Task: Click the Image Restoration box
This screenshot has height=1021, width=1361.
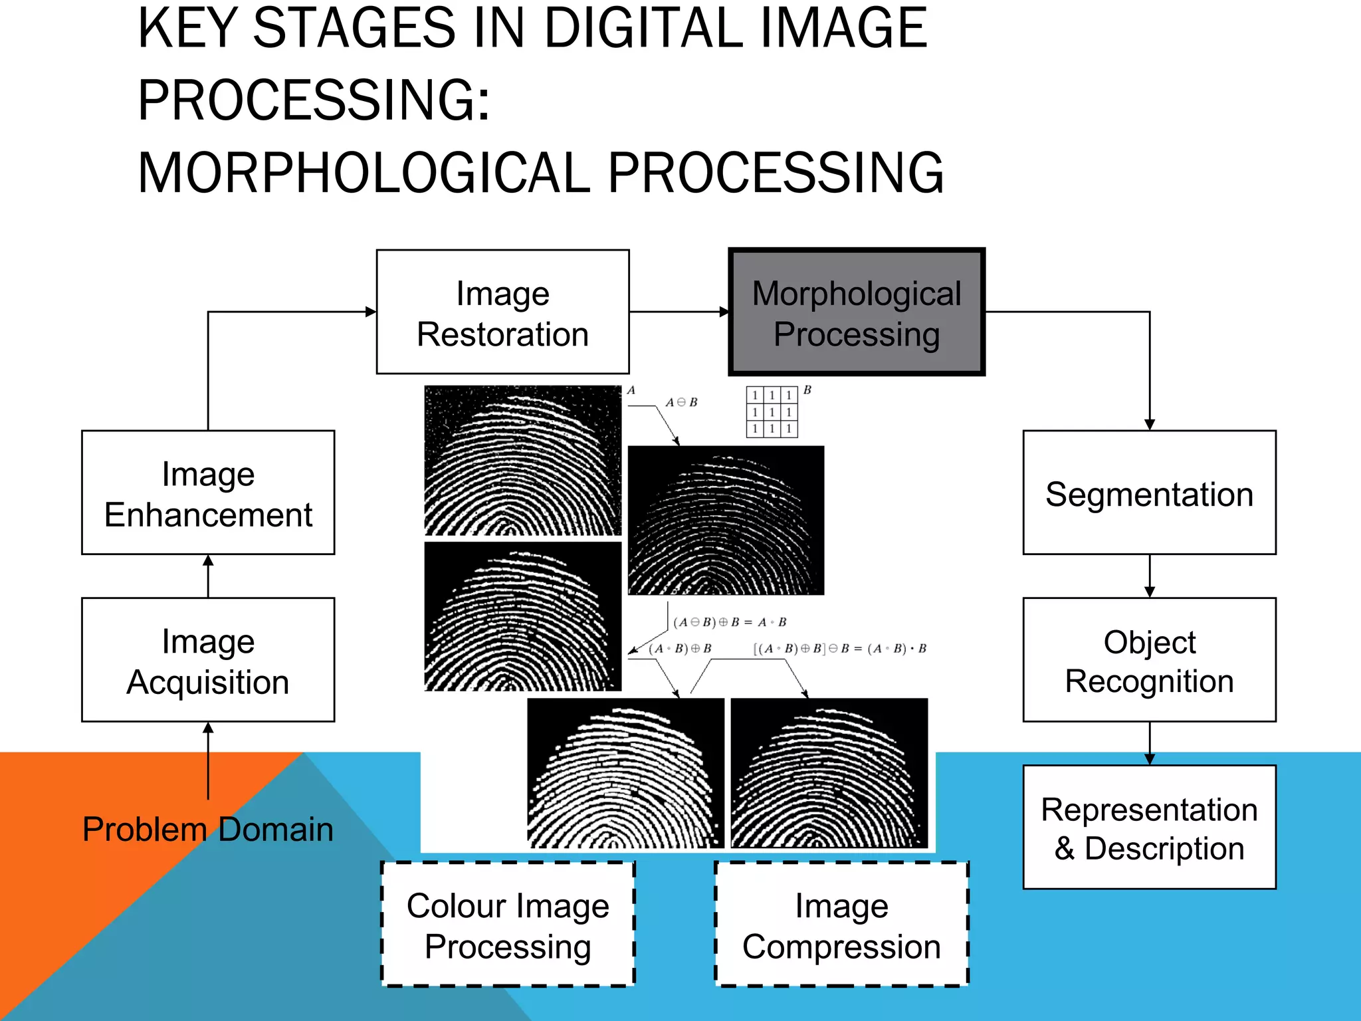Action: pos(502,312)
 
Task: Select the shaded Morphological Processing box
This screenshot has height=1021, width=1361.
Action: pos(857,312)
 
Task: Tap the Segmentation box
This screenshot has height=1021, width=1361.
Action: pos(1149,493)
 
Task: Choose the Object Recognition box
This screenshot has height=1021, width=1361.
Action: pos(1149,660)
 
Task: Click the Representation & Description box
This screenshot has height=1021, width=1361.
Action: pos(1149,828)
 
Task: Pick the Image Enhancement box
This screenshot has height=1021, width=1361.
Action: pos(208,493)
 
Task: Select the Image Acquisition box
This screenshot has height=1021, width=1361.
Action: pos(208,660)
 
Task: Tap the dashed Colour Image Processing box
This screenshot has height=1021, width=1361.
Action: pos(508,925)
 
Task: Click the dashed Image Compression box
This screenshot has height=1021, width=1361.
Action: pos(841,925)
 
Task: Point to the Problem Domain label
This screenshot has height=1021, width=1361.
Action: pos(208,829)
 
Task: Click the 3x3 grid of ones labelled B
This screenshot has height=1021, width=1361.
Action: pos(772,412)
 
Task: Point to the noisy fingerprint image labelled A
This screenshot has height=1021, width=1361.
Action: pos(523,461)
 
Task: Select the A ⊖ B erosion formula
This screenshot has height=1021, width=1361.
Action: pos(682,402)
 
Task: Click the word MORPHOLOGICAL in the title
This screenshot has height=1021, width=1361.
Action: pos(364,173)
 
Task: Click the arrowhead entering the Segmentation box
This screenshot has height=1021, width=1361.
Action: pos(1150,424)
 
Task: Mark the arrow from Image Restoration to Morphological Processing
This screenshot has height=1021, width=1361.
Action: pos(679,312)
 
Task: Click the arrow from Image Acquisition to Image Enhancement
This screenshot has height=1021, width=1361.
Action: pos(208,576)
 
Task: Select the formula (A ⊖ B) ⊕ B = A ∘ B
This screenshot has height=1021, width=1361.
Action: pos(730,622)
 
